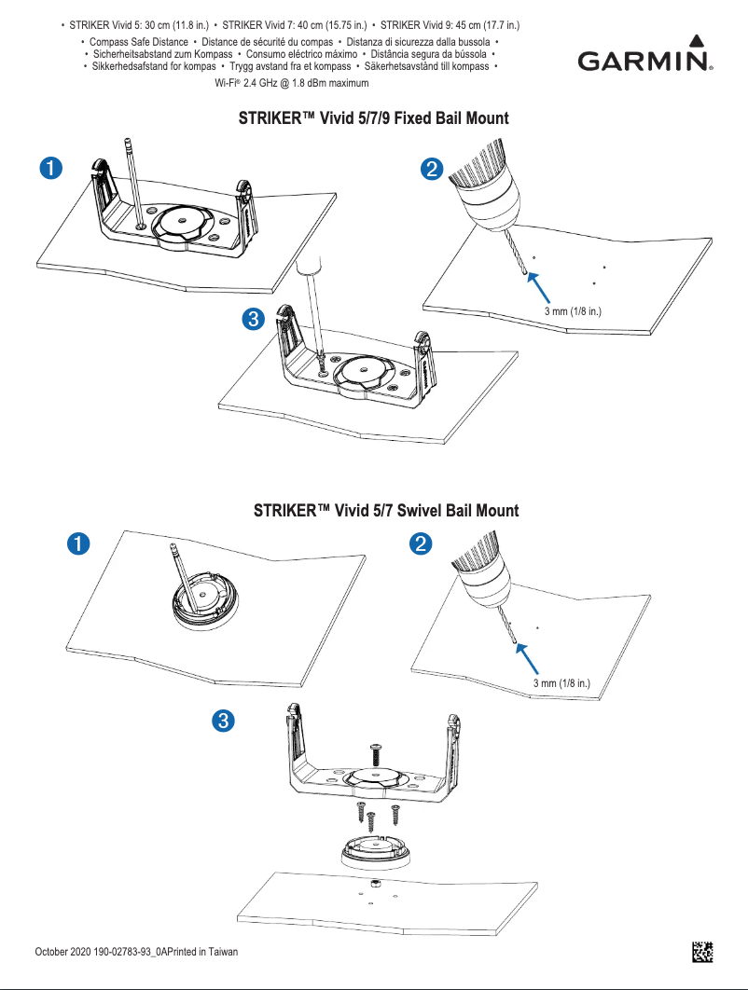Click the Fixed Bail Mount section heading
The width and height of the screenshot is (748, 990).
click(374, 119)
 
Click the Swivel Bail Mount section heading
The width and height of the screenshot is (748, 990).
click(386, 511)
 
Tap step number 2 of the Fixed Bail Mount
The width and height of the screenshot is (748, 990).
click(432, 169)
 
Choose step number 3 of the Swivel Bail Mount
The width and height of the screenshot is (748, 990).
click(222, 720)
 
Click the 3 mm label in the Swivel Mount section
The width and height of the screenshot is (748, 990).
click(562, 683)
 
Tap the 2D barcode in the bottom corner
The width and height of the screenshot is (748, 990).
click(702, 952)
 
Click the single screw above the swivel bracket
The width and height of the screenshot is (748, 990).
click(377, 750)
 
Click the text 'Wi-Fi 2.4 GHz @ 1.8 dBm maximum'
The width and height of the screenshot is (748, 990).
click(292, 84)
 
